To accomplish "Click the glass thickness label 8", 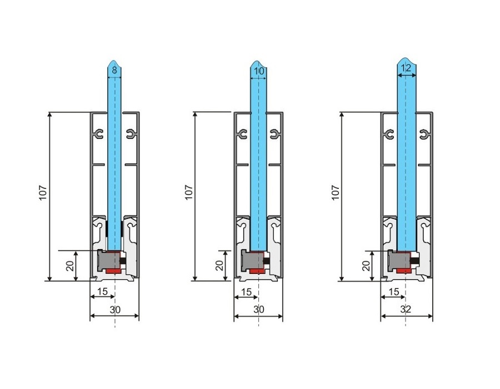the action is (114, 71).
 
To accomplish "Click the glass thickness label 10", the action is (259, 71).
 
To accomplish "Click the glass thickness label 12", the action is (406, 68).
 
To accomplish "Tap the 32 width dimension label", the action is (406, 309).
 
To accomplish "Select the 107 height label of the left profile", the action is (43, 193).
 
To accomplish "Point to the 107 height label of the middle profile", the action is (189, 193).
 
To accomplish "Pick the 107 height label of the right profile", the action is (336, 193).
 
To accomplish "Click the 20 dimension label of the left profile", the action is (70, 266).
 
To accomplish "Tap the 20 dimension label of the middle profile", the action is (219, 266).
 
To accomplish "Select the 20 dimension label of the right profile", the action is (366, 266).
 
